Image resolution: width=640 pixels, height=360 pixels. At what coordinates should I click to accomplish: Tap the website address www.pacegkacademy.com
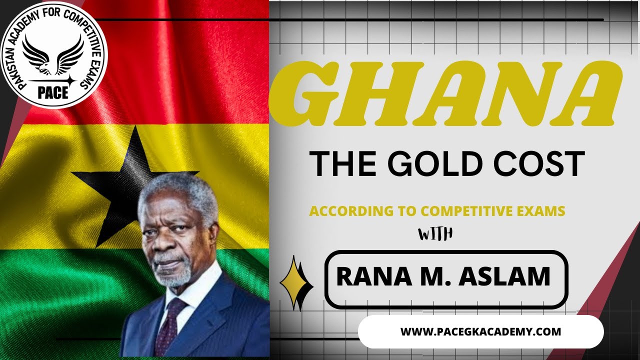click(x=480, y=331)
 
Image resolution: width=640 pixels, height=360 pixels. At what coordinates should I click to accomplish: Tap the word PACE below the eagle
click(x=53, y=92)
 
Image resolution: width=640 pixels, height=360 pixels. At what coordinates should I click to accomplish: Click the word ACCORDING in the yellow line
click(x=348, y=211)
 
